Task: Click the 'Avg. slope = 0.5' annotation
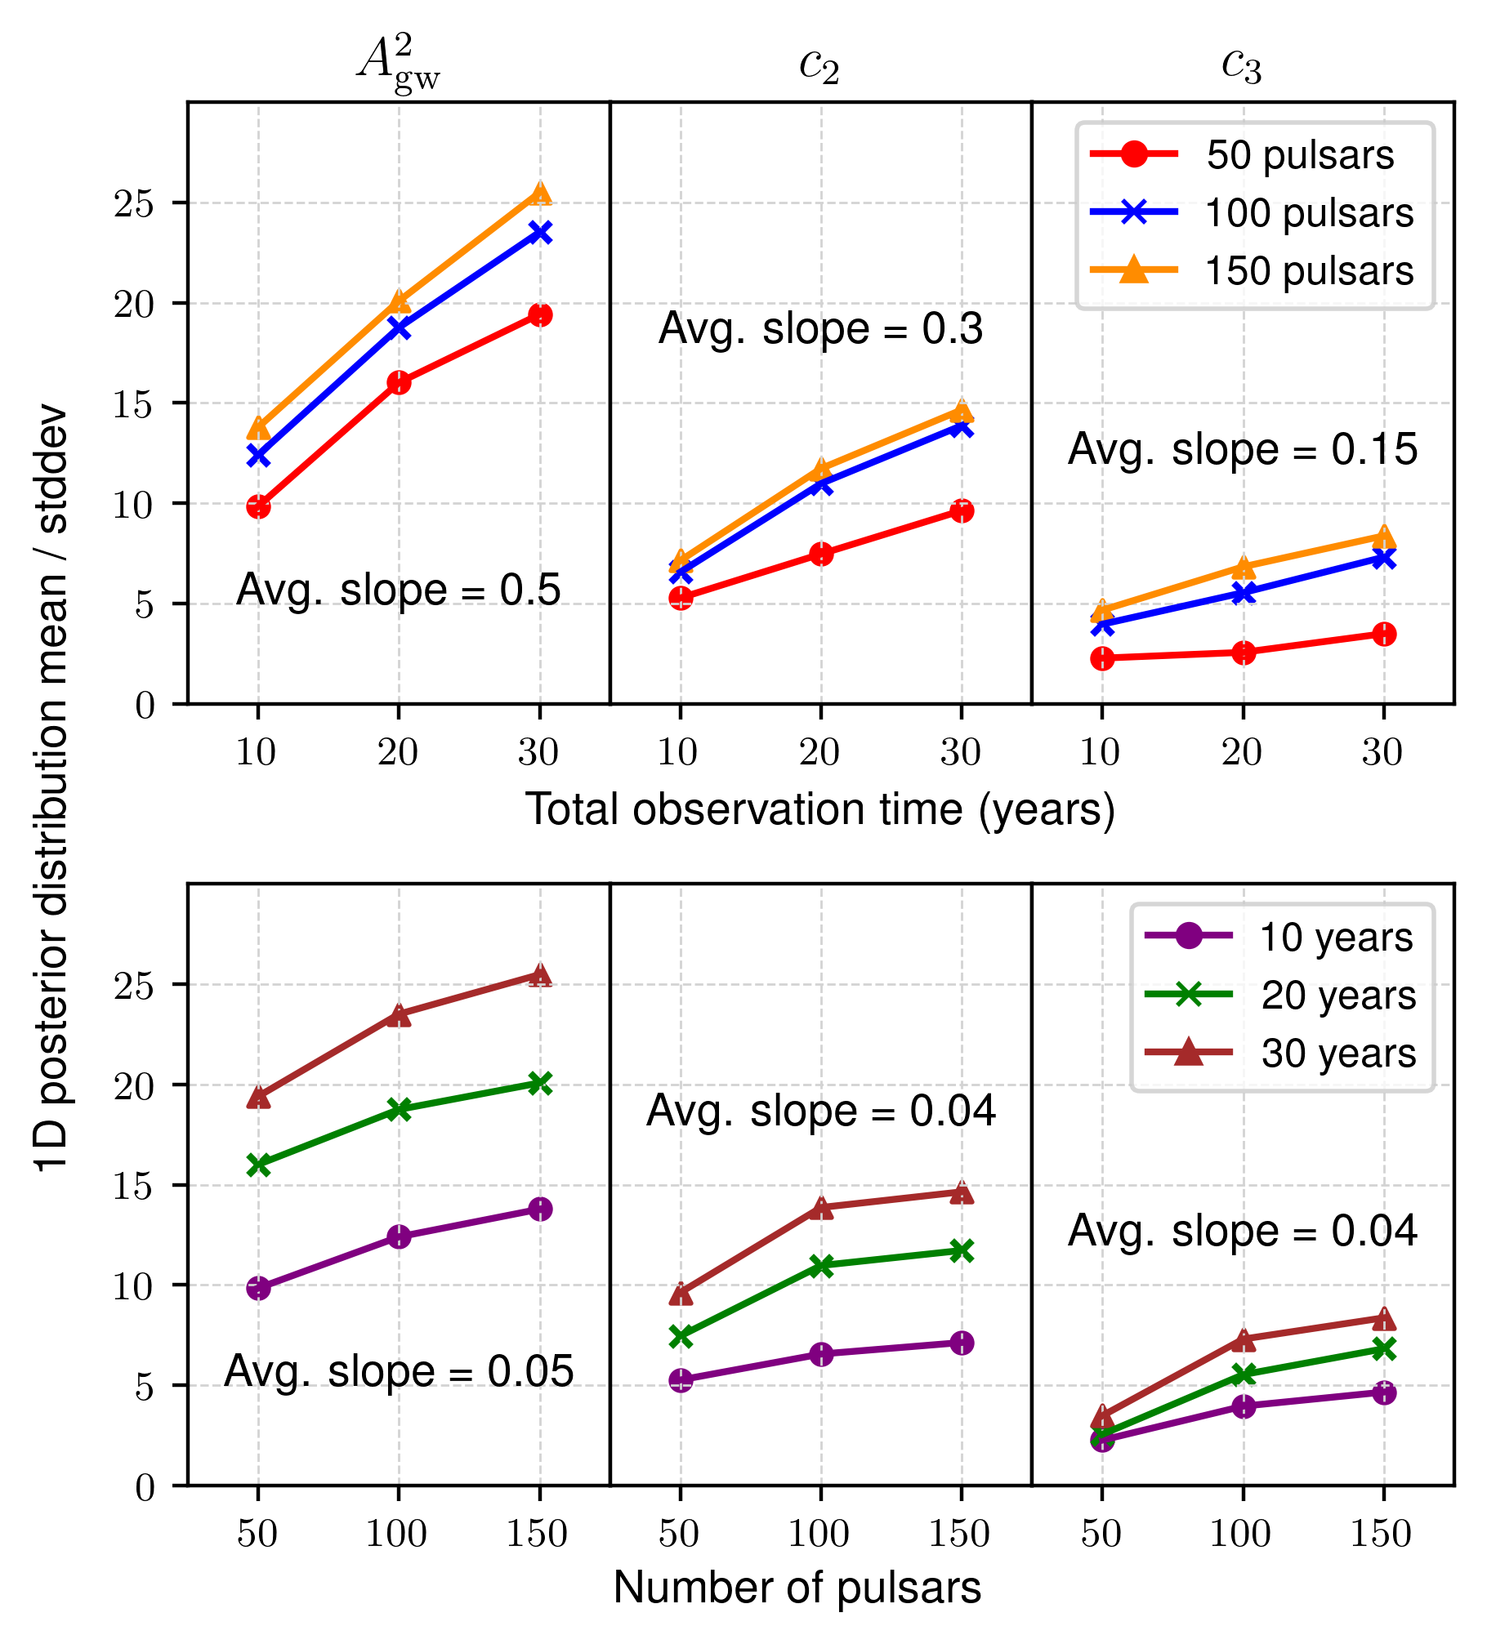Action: pos(399,590)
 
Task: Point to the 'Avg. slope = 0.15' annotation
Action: pos(1243,450)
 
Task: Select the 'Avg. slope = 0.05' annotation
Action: pos(399,1371)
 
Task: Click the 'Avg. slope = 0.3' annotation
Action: pos(820,329)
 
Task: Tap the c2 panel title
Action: pos(819,65)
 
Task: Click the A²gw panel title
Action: pos(399,64)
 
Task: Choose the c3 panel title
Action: pos(1242,65)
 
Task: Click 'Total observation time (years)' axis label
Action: pos(820,809)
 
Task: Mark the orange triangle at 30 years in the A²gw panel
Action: pos(539,194)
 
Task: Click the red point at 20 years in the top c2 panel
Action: pos(821,555)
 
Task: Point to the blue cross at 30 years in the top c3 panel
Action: pos(1384,559)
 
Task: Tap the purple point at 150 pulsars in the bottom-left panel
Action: pos(539,1209)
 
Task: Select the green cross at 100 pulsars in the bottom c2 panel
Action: pos(821,1266)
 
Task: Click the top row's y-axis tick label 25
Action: pos(134,203)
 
